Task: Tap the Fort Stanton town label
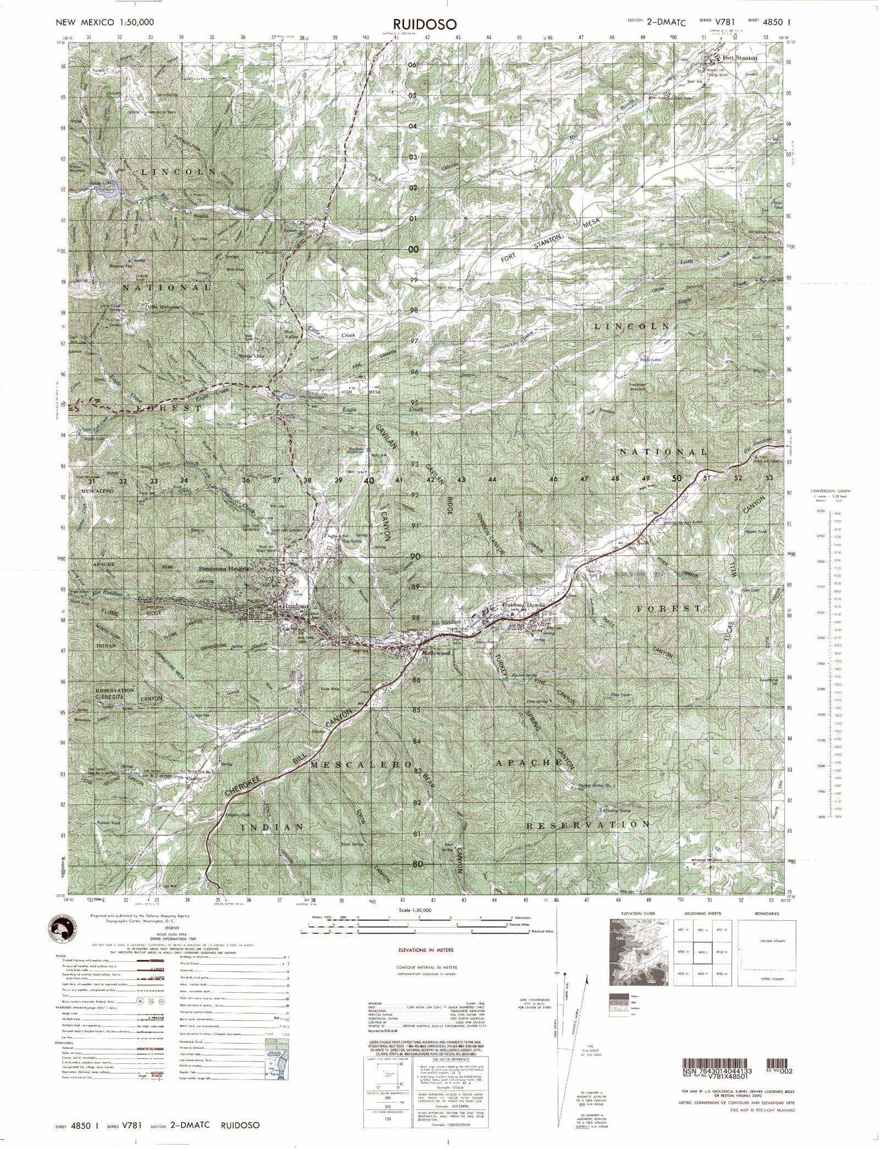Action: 740,58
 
